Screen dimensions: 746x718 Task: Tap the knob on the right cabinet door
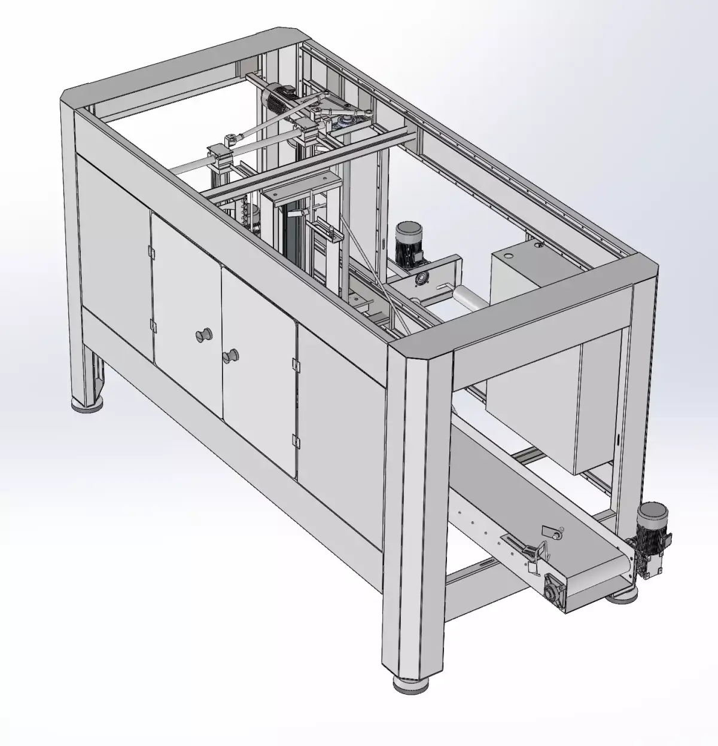coord(229,356)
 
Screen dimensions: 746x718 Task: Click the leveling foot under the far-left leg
coord(87,406)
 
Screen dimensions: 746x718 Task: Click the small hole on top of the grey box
coord(507,255)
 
